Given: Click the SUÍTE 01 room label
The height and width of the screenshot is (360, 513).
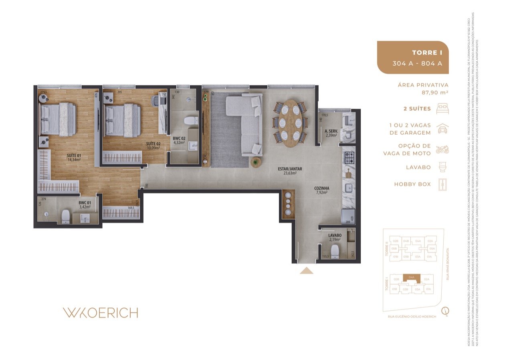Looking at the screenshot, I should tap(74, 157).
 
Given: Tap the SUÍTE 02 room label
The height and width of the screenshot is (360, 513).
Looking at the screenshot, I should tap(153, 145).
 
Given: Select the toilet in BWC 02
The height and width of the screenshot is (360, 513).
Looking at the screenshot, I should tap(189, 120).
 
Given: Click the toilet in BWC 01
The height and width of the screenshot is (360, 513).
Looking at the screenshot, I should tap(65, 217).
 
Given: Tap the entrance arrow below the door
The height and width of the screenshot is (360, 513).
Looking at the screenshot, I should tap(307, 271).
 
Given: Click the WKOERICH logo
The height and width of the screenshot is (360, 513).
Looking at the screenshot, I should tap(100, 313).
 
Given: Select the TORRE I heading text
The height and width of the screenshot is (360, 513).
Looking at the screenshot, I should tap(427, 53).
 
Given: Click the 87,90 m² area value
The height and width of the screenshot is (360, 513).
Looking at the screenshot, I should tap(434, 92).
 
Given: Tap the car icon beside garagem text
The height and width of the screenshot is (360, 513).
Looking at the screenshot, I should tap(442, 129).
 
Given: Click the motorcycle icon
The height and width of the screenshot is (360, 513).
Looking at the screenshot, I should tap(442, 150).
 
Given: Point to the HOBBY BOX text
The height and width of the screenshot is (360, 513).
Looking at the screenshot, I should tap(412, 184).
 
